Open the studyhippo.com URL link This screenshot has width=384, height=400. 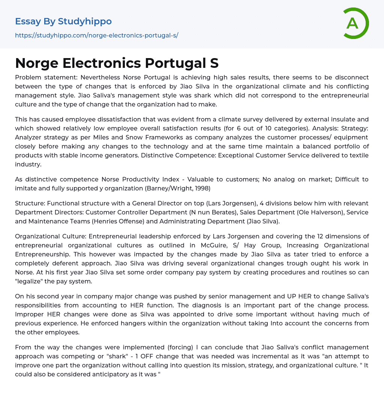(x=96, y=36)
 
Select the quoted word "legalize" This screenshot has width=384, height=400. (x=31, y=281)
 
